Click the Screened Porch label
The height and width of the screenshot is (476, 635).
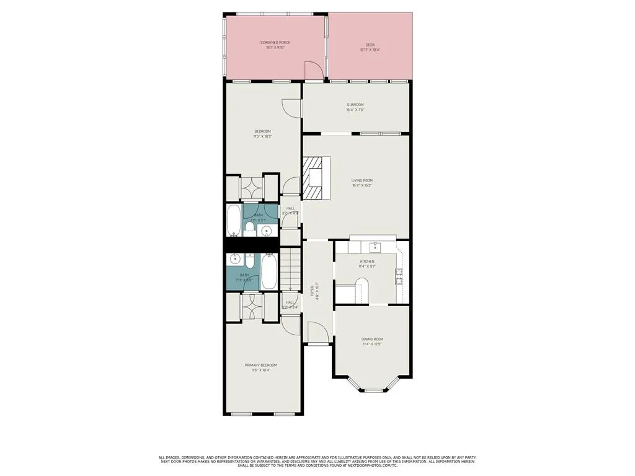tap(275, 42)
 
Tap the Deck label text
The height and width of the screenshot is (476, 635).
tap(370, 45)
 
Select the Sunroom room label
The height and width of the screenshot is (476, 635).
tap(355, 105)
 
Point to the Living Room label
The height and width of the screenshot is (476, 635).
tap(362, 180)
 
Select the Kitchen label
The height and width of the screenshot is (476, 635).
tap(367, 262)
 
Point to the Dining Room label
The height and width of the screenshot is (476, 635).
tap(372, 339)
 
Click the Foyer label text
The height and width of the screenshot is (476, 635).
tap(313, 289)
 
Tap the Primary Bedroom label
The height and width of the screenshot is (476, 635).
tap(260, 365)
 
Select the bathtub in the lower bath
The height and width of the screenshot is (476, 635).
tap(269, 271)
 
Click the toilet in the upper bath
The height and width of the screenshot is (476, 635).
tap(249, 229)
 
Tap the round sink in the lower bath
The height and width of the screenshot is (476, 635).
tap(235, 259)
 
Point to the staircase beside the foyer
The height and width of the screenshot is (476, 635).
tap(290, 269)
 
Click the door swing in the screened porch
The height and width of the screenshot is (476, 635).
tap(315, 71)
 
